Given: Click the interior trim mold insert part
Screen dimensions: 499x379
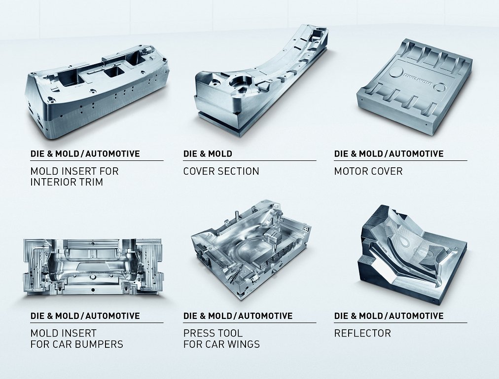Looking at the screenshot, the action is pyautogui.click(x=97, y=92).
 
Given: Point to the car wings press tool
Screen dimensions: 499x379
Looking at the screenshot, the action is pyautogui.click(x=251, y=250).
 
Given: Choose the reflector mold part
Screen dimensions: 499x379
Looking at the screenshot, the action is pyautogui.click(x=412, y=255).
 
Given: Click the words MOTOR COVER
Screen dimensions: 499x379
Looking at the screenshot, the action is pyautogui.click(x=368, y=171).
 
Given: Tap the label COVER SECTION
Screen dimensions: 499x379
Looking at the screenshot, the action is pyautogui.click(x=221, y=171).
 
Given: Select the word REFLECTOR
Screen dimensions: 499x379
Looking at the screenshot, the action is pyautogui.click(x=362, y=334).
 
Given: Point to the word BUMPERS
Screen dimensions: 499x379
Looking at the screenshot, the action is pyautogui.click(x=99, y=344).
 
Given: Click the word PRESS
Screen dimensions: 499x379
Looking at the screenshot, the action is pyautogui.click(x=198, y=334).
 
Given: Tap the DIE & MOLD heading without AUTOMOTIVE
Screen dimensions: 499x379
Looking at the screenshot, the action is pyautogui.click(x=208, y=154).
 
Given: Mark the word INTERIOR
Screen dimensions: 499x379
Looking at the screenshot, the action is pyautogui.click(x=53, y=182).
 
